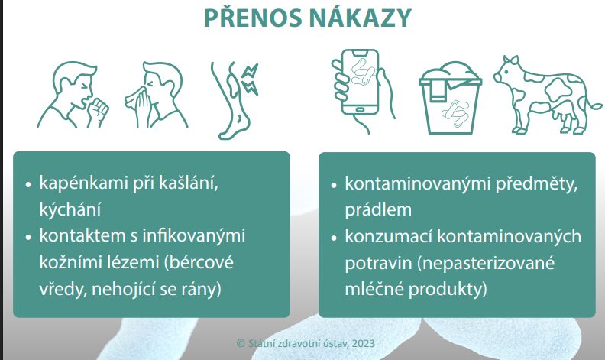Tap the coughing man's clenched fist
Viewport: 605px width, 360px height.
point(99,109)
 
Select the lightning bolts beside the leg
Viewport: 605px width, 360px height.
point(250,79)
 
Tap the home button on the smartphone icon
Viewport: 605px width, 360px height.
point(359,110)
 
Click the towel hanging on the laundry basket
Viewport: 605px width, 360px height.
point(437,92)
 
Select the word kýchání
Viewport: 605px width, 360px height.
point(70,209)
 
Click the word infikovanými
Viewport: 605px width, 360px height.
point(194,235)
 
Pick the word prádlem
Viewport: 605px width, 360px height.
point(378,209)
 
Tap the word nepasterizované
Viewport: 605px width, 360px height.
point(487,263)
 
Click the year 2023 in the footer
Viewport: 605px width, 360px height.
point(363,343)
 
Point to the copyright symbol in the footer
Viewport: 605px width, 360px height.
point(241,343)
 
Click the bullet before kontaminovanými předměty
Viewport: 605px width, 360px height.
point(334,185)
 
